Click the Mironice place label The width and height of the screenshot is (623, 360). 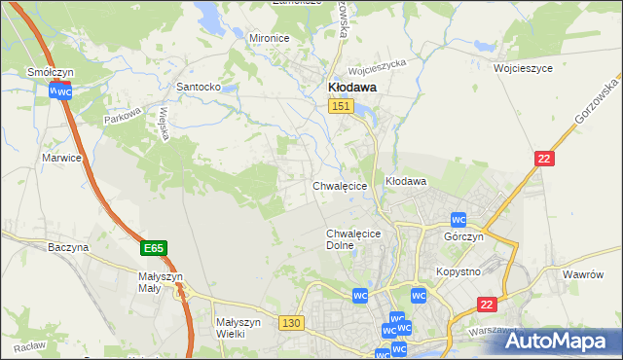[270, 38]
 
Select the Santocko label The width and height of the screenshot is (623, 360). [198, 87]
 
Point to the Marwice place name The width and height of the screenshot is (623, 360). [61, 157]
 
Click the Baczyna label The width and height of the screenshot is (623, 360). [68, 247]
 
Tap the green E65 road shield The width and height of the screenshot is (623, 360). [153, 248]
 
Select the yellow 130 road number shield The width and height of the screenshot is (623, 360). [289, 322]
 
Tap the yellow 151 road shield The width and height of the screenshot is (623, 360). [339, 107]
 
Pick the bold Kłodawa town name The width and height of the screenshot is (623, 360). [349, 87]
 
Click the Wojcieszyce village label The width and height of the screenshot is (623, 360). [523, 69]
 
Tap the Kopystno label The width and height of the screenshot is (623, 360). [458, 271]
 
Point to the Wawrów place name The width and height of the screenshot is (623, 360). [584, 274]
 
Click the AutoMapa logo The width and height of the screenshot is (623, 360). [558, 341]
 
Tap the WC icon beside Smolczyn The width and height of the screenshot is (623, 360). [60, 91]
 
